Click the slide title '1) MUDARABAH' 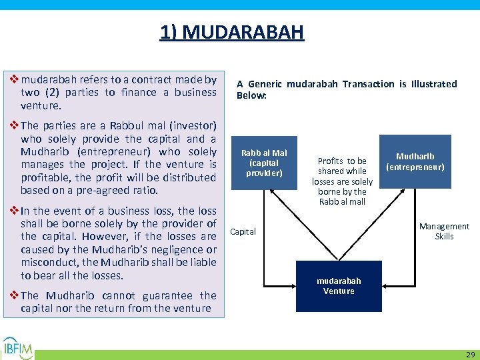pos(231,31)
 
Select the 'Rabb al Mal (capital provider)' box pos(265,163)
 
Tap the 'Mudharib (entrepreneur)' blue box pos(415,161)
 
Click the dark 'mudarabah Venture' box pos(339,287)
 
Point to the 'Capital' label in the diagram pos(243,232)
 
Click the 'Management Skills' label pos(444,231)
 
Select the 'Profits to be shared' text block pos(342,181)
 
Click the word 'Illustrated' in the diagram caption pos(435,84)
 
